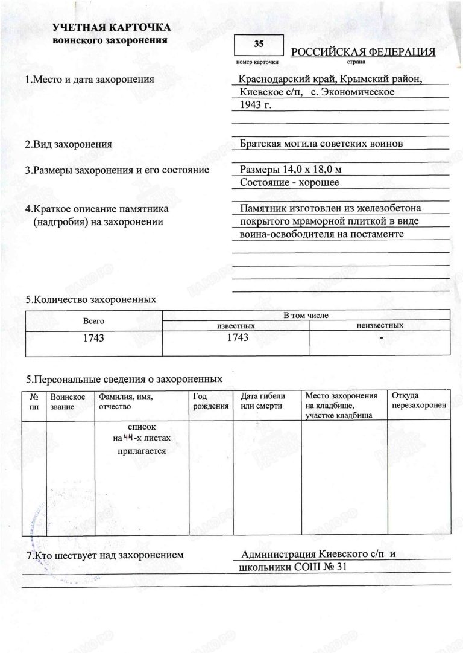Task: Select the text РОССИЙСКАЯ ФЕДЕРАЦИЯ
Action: (363, 53)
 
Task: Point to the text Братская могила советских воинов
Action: (321, 144)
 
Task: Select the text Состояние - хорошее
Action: (289, 182)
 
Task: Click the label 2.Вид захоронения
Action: (68, 145)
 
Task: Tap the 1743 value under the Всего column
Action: (93, 338)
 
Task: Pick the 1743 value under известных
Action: (238, 337)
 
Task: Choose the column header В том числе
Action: (307, 316)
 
